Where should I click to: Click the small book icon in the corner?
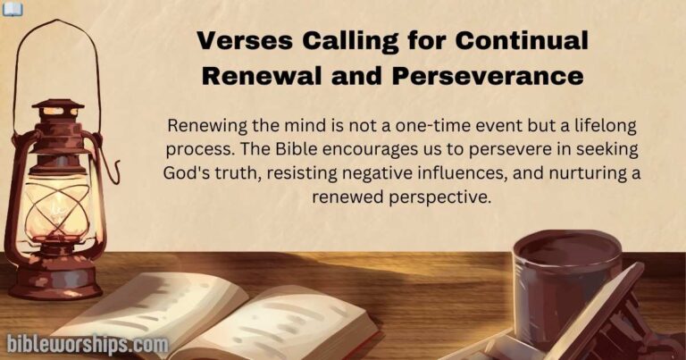10,7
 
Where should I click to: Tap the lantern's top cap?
55,105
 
